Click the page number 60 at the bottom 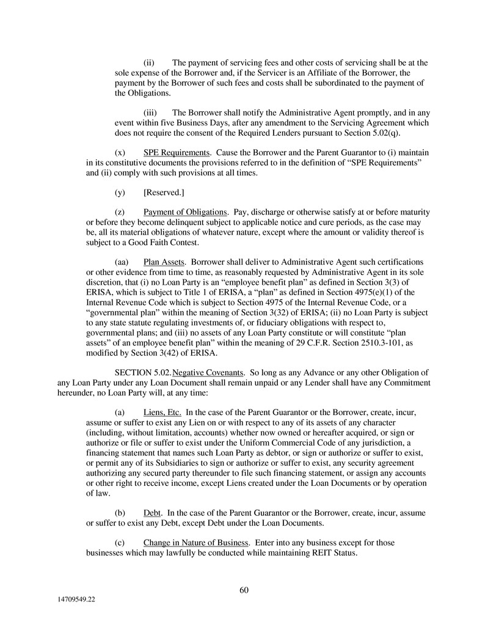244,590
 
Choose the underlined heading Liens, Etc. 162,412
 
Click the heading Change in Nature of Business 195,542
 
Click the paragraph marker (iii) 150,112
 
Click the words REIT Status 332,552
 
